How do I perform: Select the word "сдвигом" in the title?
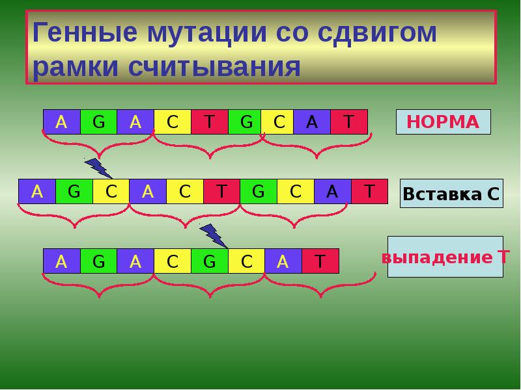[378, 33]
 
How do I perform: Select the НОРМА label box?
[443, 122]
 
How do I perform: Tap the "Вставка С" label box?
[451, 193]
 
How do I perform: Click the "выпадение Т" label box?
[445, 257]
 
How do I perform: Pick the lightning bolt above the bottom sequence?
[213, 235]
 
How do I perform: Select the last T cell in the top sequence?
[348, 122]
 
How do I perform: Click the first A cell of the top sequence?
[61, 122]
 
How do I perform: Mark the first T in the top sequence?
[209, 122]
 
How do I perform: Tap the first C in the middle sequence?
[111, 191]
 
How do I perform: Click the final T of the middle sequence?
[369, 191]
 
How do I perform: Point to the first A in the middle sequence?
[36, 191]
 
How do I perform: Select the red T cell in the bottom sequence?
[320, 261]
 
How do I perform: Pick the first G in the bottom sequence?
[98, 261]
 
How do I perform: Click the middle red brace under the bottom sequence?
[209, 286]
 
